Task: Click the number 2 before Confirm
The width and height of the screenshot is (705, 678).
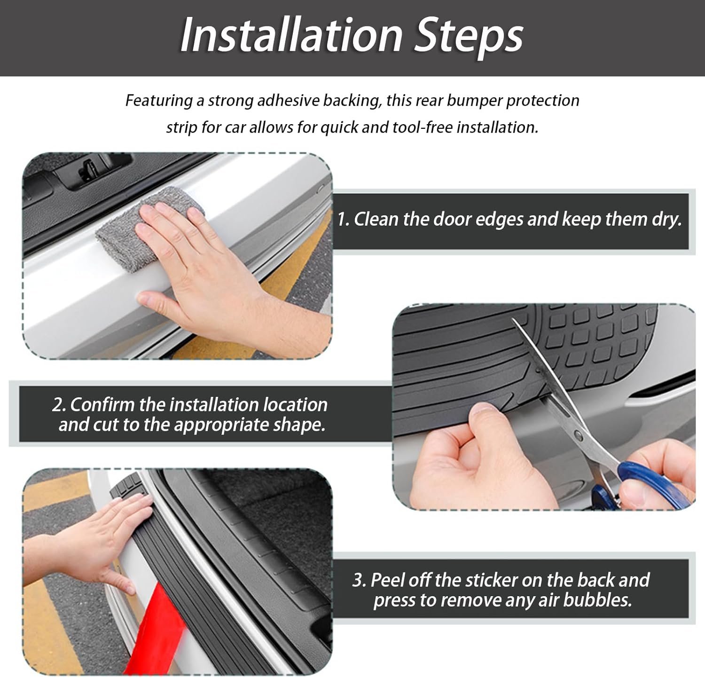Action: (x=58, y=404)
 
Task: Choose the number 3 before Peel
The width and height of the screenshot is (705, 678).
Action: (x=359, y=581)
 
